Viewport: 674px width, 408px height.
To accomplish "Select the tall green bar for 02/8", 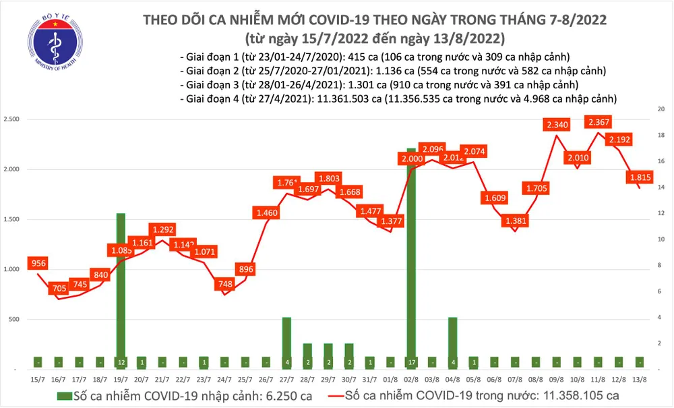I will point(411,256).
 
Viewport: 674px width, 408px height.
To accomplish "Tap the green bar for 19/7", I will point(121,290).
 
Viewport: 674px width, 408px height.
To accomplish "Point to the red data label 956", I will point(38,264).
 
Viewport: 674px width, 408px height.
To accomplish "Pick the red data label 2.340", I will point(557,125).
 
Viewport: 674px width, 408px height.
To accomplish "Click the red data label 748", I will point(224,285).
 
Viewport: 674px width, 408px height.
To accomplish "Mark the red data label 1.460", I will point(266,213).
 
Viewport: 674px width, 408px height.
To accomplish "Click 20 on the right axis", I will point(661,109).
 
